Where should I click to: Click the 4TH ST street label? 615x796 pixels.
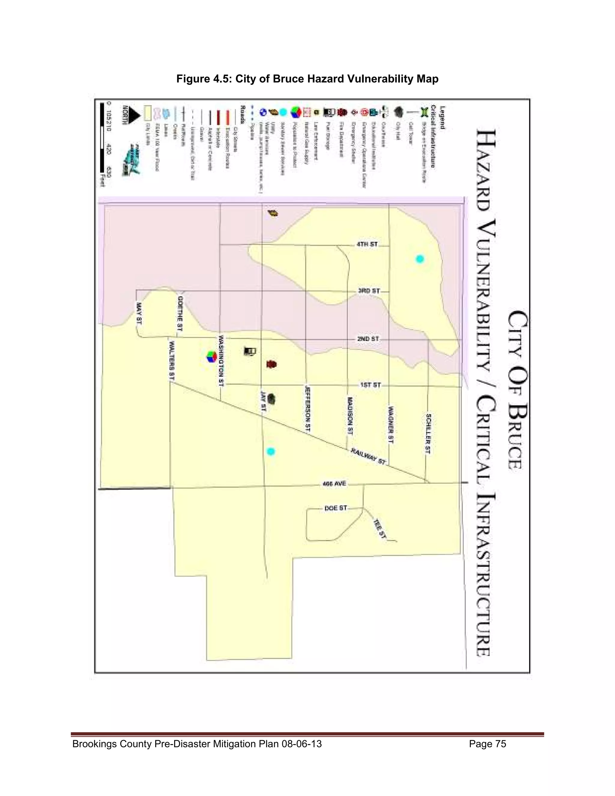click(x=367, y=244)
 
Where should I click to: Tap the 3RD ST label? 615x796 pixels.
click(x=369, y=291)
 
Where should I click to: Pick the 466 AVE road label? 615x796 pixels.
click(x=334, y=484)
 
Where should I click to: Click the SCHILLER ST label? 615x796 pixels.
click(x=428, y=434)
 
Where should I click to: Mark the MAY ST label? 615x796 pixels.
click(x=139, y=313)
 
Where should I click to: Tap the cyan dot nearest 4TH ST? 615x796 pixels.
click(x=420, y=259)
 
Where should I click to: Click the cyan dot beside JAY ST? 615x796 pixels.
click(x=270, y=451)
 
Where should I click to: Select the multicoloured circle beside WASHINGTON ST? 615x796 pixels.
click(x=211, y=357)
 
